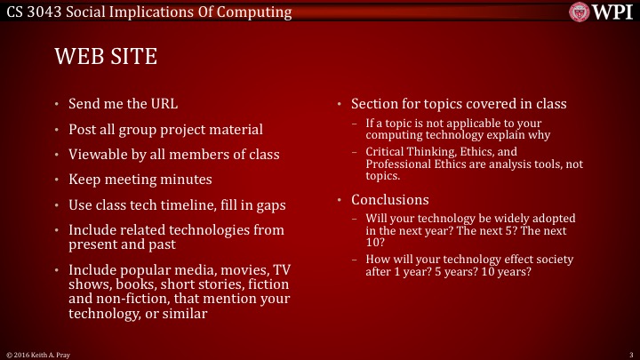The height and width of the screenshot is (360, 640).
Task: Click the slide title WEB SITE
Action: tap(106, 58)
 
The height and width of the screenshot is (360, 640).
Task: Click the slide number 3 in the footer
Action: tap(629, 354)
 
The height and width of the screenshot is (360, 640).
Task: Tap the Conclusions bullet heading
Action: tap(389, 199)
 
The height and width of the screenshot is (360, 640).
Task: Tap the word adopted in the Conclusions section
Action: tap(550, 219)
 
